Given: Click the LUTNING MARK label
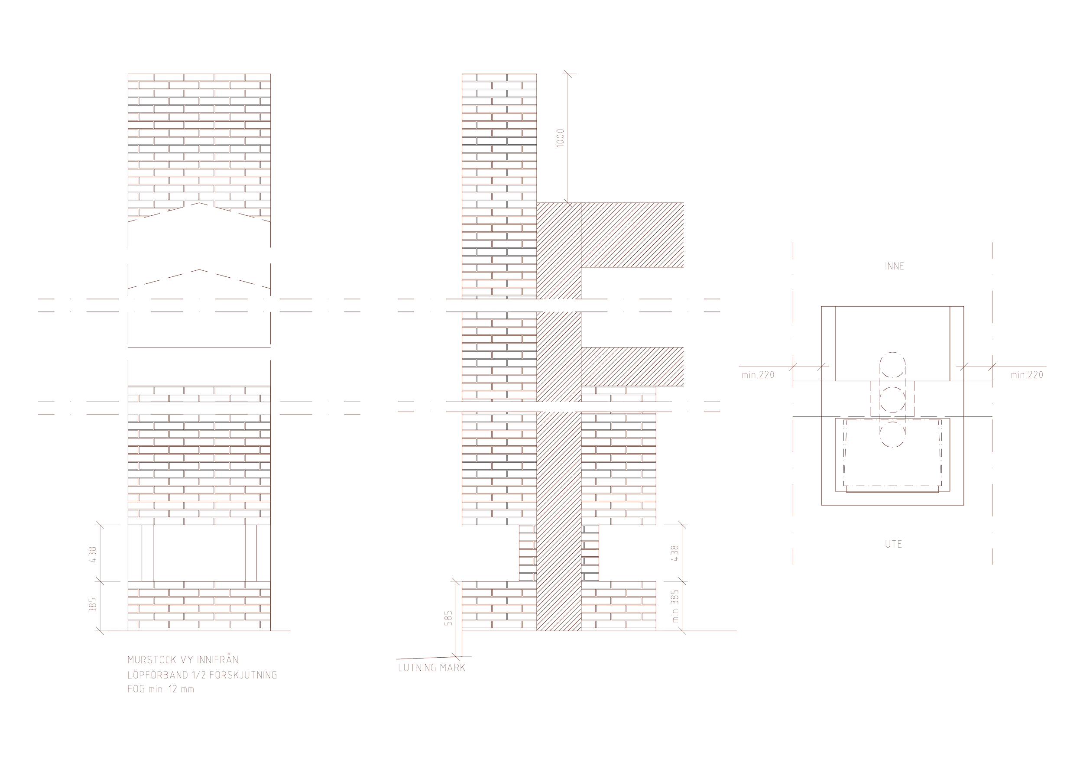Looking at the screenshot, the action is [x=431, y=668].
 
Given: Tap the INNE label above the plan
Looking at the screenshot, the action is [x=894, y=266].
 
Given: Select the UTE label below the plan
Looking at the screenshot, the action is [x=893, y=544].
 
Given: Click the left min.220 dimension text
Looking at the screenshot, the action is [x=758, y=376].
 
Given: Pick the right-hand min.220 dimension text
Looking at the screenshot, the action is [x=1027, y=376].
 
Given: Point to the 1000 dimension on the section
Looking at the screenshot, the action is [x=561, y=137].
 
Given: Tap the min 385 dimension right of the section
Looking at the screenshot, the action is [x=675, y=606].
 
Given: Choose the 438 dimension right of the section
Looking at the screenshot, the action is [x=675, y=553].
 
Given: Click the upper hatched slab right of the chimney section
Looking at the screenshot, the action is [x=632, y=234].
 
